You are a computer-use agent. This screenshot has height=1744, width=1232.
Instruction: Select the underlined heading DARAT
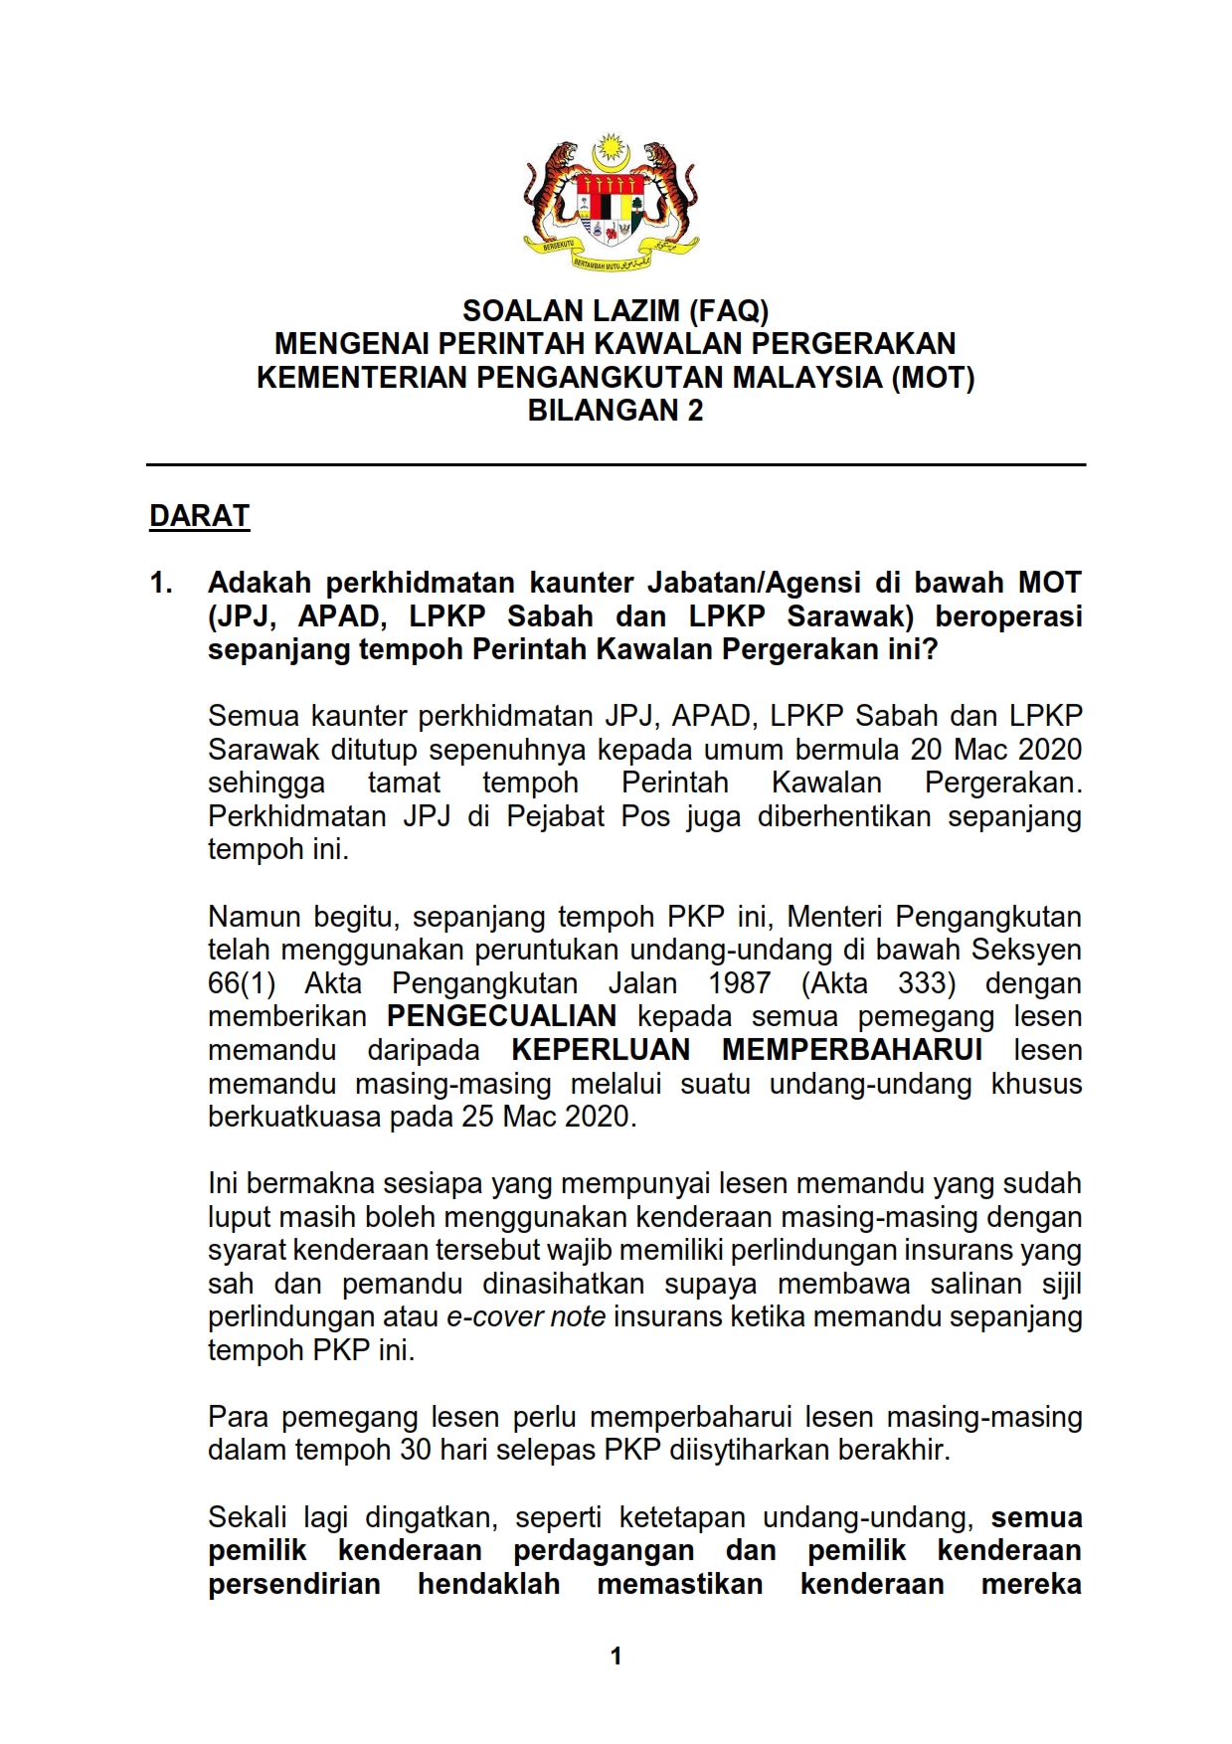pos(199,516)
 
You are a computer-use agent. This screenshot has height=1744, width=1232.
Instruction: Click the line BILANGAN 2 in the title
pos(615,411)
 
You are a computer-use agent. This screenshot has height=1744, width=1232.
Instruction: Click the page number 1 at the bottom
pos(616,1656)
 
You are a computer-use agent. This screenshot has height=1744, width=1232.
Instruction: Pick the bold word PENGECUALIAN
pos(501,1016)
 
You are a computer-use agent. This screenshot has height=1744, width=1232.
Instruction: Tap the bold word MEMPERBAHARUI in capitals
pos(852,1050)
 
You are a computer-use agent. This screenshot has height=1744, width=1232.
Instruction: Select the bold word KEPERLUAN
pos(601,1050)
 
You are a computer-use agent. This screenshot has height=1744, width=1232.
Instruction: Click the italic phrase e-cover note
pos(526,1316)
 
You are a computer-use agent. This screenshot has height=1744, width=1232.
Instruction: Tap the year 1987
pos(739,983)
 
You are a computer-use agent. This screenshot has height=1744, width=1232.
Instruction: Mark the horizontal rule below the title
pos(616,464)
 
